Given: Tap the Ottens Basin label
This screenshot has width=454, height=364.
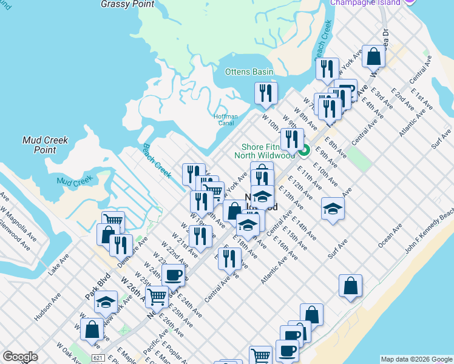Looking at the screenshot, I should click(249, 72).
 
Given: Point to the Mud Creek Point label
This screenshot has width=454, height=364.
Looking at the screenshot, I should click(46, 144).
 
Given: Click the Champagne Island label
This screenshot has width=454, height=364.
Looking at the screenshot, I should click(365, 3).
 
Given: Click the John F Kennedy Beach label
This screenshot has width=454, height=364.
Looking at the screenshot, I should click(430, 230).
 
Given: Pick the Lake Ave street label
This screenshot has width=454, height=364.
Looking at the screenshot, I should click(59, 264).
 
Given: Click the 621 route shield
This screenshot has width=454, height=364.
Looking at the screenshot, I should click(98, 358).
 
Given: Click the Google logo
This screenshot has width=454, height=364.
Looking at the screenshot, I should click(19, 357).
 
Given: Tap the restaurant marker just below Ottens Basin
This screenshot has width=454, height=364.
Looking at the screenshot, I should click(266, 92).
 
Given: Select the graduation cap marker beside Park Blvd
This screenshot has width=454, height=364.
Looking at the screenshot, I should click(106, 302).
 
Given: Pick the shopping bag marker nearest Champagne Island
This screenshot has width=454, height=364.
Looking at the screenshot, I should click(374, 56).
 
